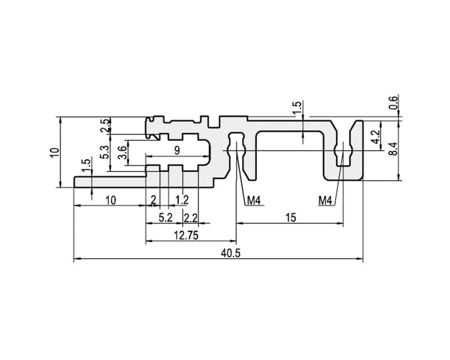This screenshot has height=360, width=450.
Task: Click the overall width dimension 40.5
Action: (x=231, y=253)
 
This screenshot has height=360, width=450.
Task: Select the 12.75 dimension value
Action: (x=186, y=236)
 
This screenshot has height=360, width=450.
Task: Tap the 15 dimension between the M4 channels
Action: (x=291, y=218)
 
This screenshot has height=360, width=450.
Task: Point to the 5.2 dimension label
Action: (x=166, y=218)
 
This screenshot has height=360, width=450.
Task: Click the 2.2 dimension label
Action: (x=190, y=218)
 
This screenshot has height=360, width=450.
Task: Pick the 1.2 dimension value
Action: (x=182, y=200)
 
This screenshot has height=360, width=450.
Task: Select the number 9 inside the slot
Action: (x=177, y=150)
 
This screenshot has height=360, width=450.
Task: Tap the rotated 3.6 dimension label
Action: (x=122, y=153)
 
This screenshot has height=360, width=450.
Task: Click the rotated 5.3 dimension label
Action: (x=105, y=153)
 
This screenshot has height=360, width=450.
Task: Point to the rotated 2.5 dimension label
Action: (x=105, y=126)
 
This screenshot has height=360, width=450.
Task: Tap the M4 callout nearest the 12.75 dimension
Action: (x=254, y=201)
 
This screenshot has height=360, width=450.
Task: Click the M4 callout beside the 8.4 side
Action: (x=325, y=201)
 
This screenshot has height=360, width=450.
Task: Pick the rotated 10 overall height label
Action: (x=54, y=152)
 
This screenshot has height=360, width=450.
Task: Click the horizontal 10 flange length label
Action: (x=111, y=200)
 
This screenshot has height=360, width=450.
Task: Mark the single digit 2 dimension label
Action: (x=153, y=199)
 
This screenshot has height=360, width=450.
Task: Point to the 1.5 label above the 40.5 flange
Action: (x=87, y=166)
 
